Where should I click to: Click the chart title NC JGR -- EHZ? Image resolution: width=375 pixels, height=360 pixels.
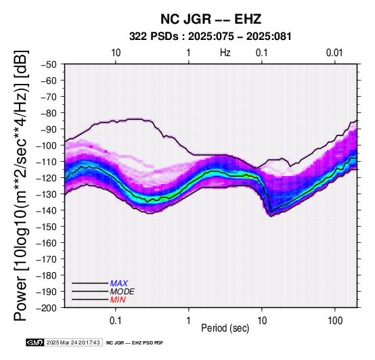(211, 19)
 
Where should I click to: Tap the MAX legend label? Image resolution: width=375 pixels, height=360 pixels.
(119, 284)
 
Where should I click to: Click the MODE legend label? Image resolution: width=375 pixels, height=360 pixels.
(123, 292)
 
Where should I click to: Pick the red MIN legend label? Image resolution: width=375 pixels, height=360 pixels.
(118, 300)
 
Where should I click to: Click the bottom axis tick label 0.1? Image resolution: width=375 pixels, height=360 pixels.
(116, 321)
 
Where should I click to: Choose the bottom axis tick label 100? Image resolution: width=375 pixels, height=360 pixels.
(335, 321)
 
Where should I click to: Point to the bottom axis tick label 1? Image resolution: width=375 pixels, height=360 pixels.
(189, 321)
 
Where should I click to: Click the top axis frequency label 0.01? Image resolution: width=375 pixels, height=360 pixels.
(335, 53)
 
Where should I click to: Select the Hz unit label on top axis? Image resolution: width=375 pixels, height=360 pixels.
(225, 53)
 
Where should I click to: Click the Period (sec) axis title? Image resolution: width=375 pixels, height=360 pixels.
(225, 328)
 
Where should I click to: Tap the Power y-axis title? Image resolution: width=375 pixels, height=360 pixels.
(21, 186)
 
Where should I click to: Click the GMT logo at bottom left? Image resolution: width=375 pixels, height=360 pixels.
(35, 342)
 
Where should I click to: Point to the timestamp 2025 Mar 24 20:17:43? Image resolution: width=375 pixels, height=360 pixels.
(73, 342)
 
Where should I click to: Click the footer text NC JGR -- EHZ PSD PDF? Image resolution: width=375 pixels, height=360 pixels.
(135, 343)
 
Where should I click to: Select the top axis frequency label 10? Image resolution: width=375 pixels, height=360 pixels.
(116, 53)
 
